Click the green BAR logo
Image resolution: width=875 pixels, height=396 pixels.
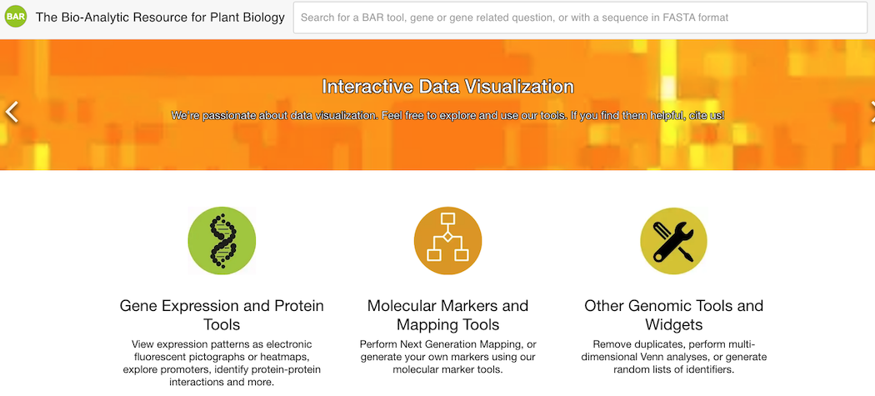click(16, 17)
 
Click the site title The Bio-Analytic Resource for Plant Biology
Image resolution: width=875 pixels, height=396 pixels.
click(160, 18)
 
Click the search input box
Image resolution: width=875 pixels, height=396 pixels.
click(580, 18)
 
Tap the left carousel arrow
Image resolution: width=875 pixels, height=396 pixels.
click(12, 112)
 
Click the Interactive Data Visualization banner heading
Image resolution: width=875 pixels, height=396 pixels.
click(447, 87)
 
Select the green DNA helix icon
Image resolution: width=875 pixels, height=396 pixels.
click(222, 241)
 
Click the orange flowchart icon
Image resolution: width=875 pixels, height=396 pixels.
click(447, 241)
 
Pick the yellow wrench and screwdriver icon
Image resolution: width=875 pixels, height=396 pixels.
click(673, 241)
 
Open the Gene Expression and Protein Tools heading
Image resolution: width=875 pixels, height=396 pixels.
click(222, 315)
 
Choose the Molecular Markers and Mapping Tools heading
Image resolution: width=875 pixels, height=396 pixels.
click(447, 315)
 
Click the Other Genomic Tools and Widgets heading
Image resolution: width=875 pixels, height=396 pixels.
click(673, 315)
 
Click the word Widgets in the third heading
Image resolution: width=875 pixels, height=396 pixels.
click(673, 324)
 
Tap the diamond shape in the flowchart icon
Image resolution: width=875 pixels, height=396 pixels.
click(447, 237)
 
